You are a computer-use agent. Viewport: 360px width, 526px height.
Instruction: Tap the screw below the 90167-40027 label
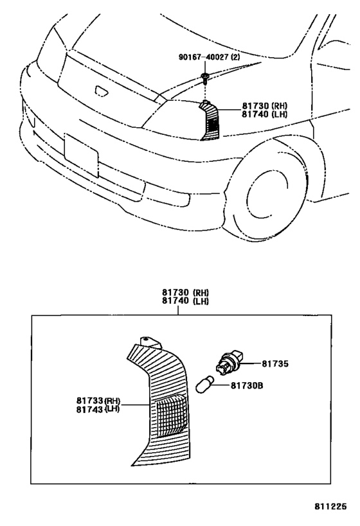point(204,78)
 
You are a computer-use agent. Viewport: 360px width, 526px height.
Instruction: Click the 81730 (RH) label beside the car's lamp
point(264,106)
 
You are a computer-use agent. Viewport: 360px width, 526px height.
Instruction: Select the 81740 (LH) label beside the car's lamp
point(264,114)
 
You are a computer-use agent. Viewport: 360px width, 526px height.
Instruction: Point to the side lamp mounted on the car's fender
point(210,120)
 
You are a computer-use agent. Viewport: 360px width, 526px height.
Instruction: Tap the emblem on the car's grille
point(102,91)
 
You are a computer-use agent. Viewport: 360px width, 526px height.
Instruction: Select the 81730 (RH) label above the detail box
point(185,292)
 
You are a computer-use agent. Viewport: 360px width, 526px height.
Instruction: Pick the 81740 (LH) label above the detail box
point(185,301)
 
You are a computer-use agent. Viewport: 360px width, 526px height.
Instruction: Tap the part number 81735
point(275,364)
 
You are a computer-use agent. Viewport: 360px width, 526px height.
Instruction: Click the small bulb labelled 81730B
point(205,385)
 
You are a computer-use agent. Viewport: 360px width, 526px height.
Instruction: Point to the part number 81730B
point(247,386)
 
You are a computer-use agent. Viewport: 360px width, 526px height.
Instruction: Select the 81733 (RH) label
point(98,401)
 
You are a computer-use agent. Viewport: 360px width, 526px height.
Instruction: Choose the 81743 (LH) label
point(98,409)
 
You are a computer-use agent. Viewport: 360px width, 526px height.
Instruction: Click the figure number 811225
point(330,506)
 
